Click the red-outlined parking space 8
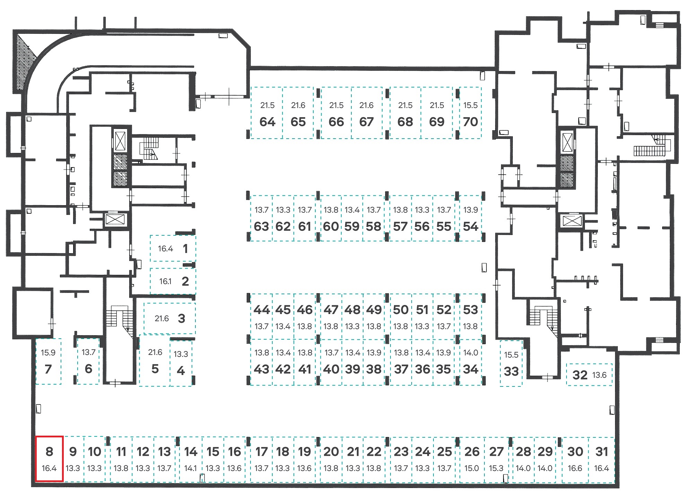coord(49,459)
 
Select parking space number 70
coord(470,113)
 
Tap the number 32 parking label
coord(580,375)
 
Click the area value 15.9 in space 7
coord(48,353)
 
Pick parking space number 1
coord(173,248)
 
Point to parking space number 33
coord(511,363)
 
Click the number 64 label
coord(267,122)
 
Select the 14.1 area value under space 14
coord(191,469)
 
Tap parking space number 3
coord(170,319)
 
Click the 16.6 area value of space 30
coord(575,469)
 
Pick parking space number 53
coord(470,316)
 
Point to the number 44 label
coord(262,310)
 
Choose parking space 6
coord(88,361)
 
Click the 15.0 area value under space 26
coord(472,469)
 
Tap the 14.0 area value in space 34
coord(471,353)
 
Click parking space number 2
coord(173,281)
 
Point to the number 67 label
coord(366,122)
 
